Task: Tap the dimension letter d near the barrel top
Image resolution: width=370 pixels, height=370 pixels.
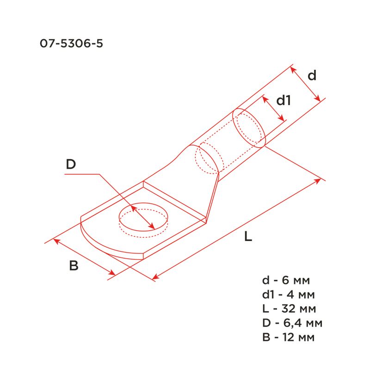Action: pos(312,75)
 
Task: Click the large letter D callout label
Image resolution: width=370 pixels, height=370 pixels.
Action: pos(70,164)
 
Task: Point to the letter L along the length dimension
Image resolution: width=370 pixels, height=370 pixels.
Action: pos(248,237)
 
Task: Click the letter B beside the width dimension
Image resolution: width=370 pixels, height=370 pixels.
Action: pos(74,266)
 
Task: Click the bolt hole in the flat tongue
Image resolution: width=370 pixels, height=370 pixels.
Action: pos(143,219)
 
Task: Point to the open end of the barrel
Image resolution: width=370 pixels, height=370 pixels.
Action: pos(249,127)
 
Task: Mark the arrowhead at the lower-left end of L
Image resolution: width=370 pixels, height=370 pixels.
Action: pos(156,277)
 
